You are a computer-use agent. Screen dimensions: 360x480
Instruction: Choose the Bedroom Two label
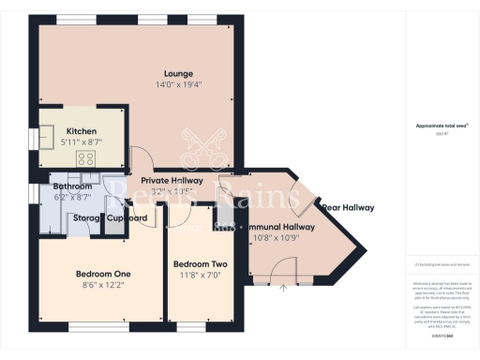(200, 264)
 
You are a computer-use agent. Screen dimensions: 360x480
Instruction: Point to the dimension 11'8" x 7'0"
(200, 276)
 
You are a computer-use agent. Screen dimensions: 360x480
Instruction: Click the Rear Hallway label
(348, 208)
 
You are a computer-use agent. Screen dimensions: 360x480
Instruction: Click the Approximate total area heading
(441, 126)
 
